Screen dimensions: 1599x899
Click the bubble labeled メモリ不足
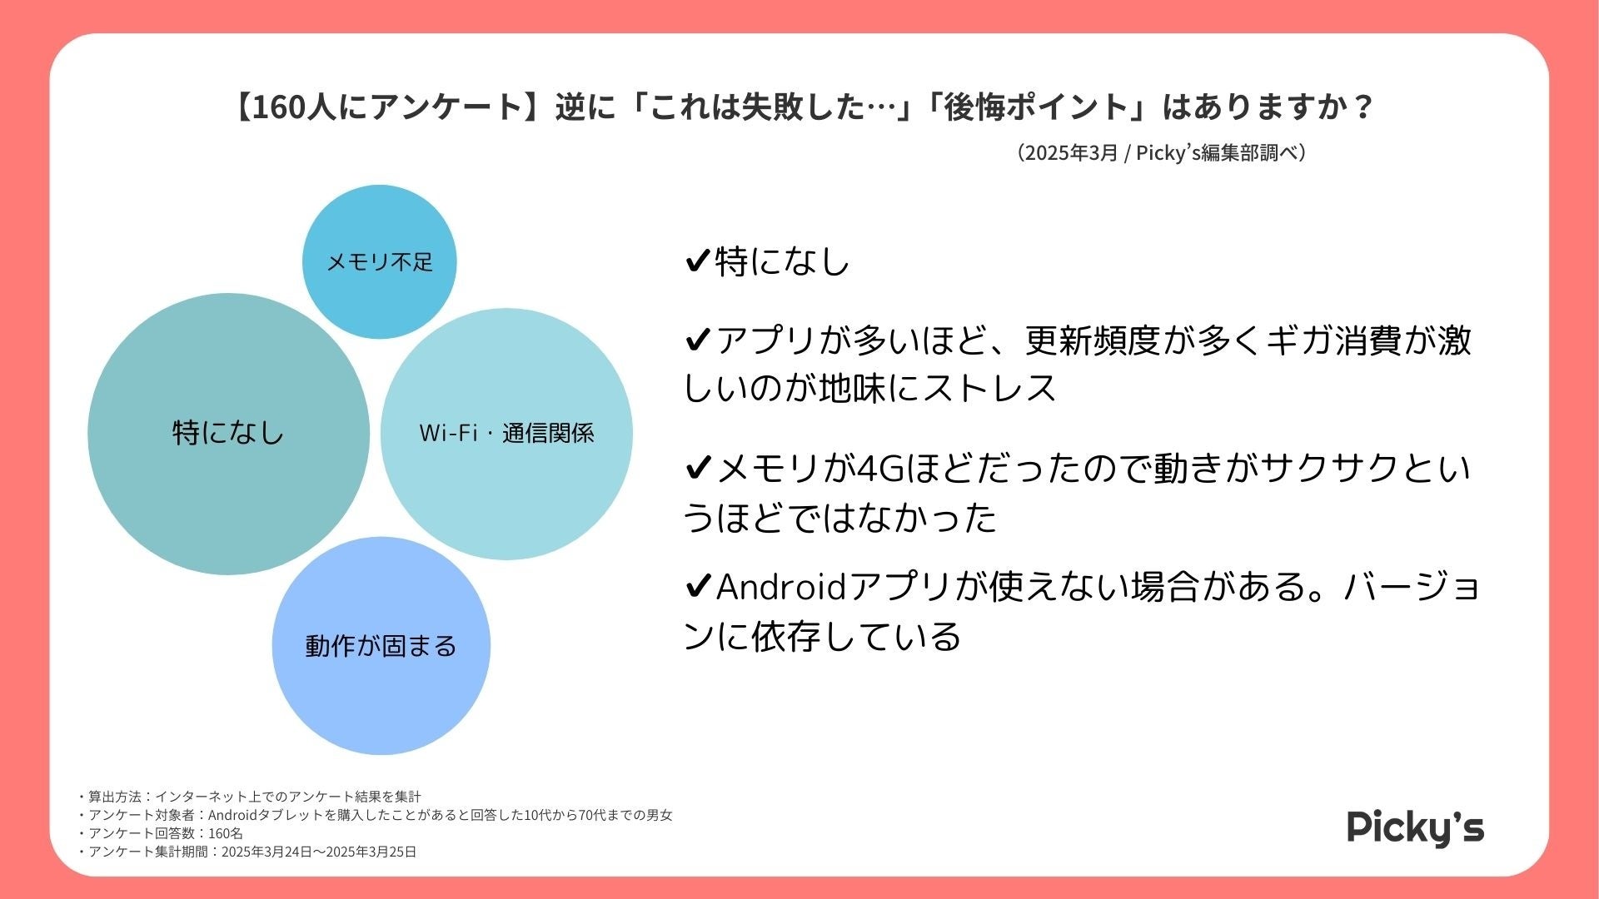tap(379, 261)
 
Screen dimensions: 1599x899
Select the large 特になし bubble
tap(228, 433)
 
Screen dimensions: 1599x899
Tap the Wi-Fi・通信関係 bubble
tap(506, 433)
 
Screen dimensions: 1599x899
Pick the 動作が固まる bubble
tap(381, 645)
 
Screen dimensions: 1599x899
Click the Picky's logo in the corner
tap(1415, 827)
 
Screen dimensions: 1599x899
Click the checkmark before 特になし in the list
tap(697, 261)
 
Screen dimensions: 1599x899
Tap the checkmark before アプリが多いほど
tap(697, 340)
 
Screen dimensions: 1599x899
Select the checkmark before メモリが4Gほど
tap(697, 469)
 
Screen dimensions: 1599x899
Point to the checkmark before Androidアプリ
tap(697, 588)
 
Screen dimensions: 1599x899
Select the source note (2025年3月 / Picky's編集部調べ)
tap(1161, 153)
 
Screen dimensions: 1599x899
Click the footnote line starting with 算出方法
tap(250, 797)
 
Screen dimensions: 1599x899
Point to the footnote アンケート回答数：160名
tap(162, 833)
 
